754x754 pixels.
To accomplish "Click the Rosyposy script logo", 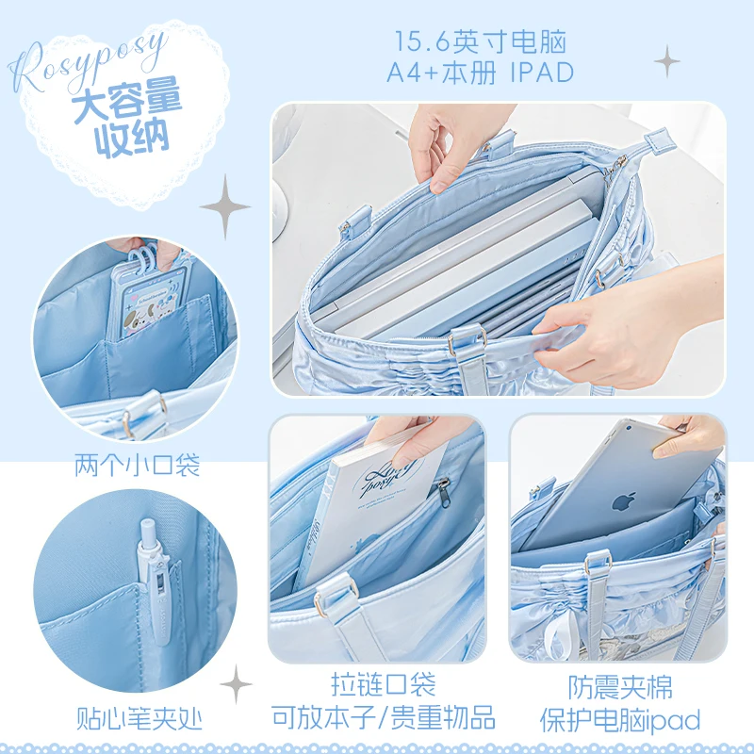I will (90, 58).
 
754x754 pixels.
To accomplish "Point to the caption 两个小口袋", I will (137, 464).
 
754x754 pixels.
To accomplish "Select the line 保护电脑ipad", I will (620, 720).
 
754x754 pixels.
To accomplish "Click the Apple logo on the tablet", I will (620, 501).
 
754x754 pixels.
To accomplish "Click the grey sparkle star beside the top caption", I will (667, 62).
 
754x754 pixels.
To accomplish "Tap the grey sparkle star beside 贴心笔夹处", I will (236, 683).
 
